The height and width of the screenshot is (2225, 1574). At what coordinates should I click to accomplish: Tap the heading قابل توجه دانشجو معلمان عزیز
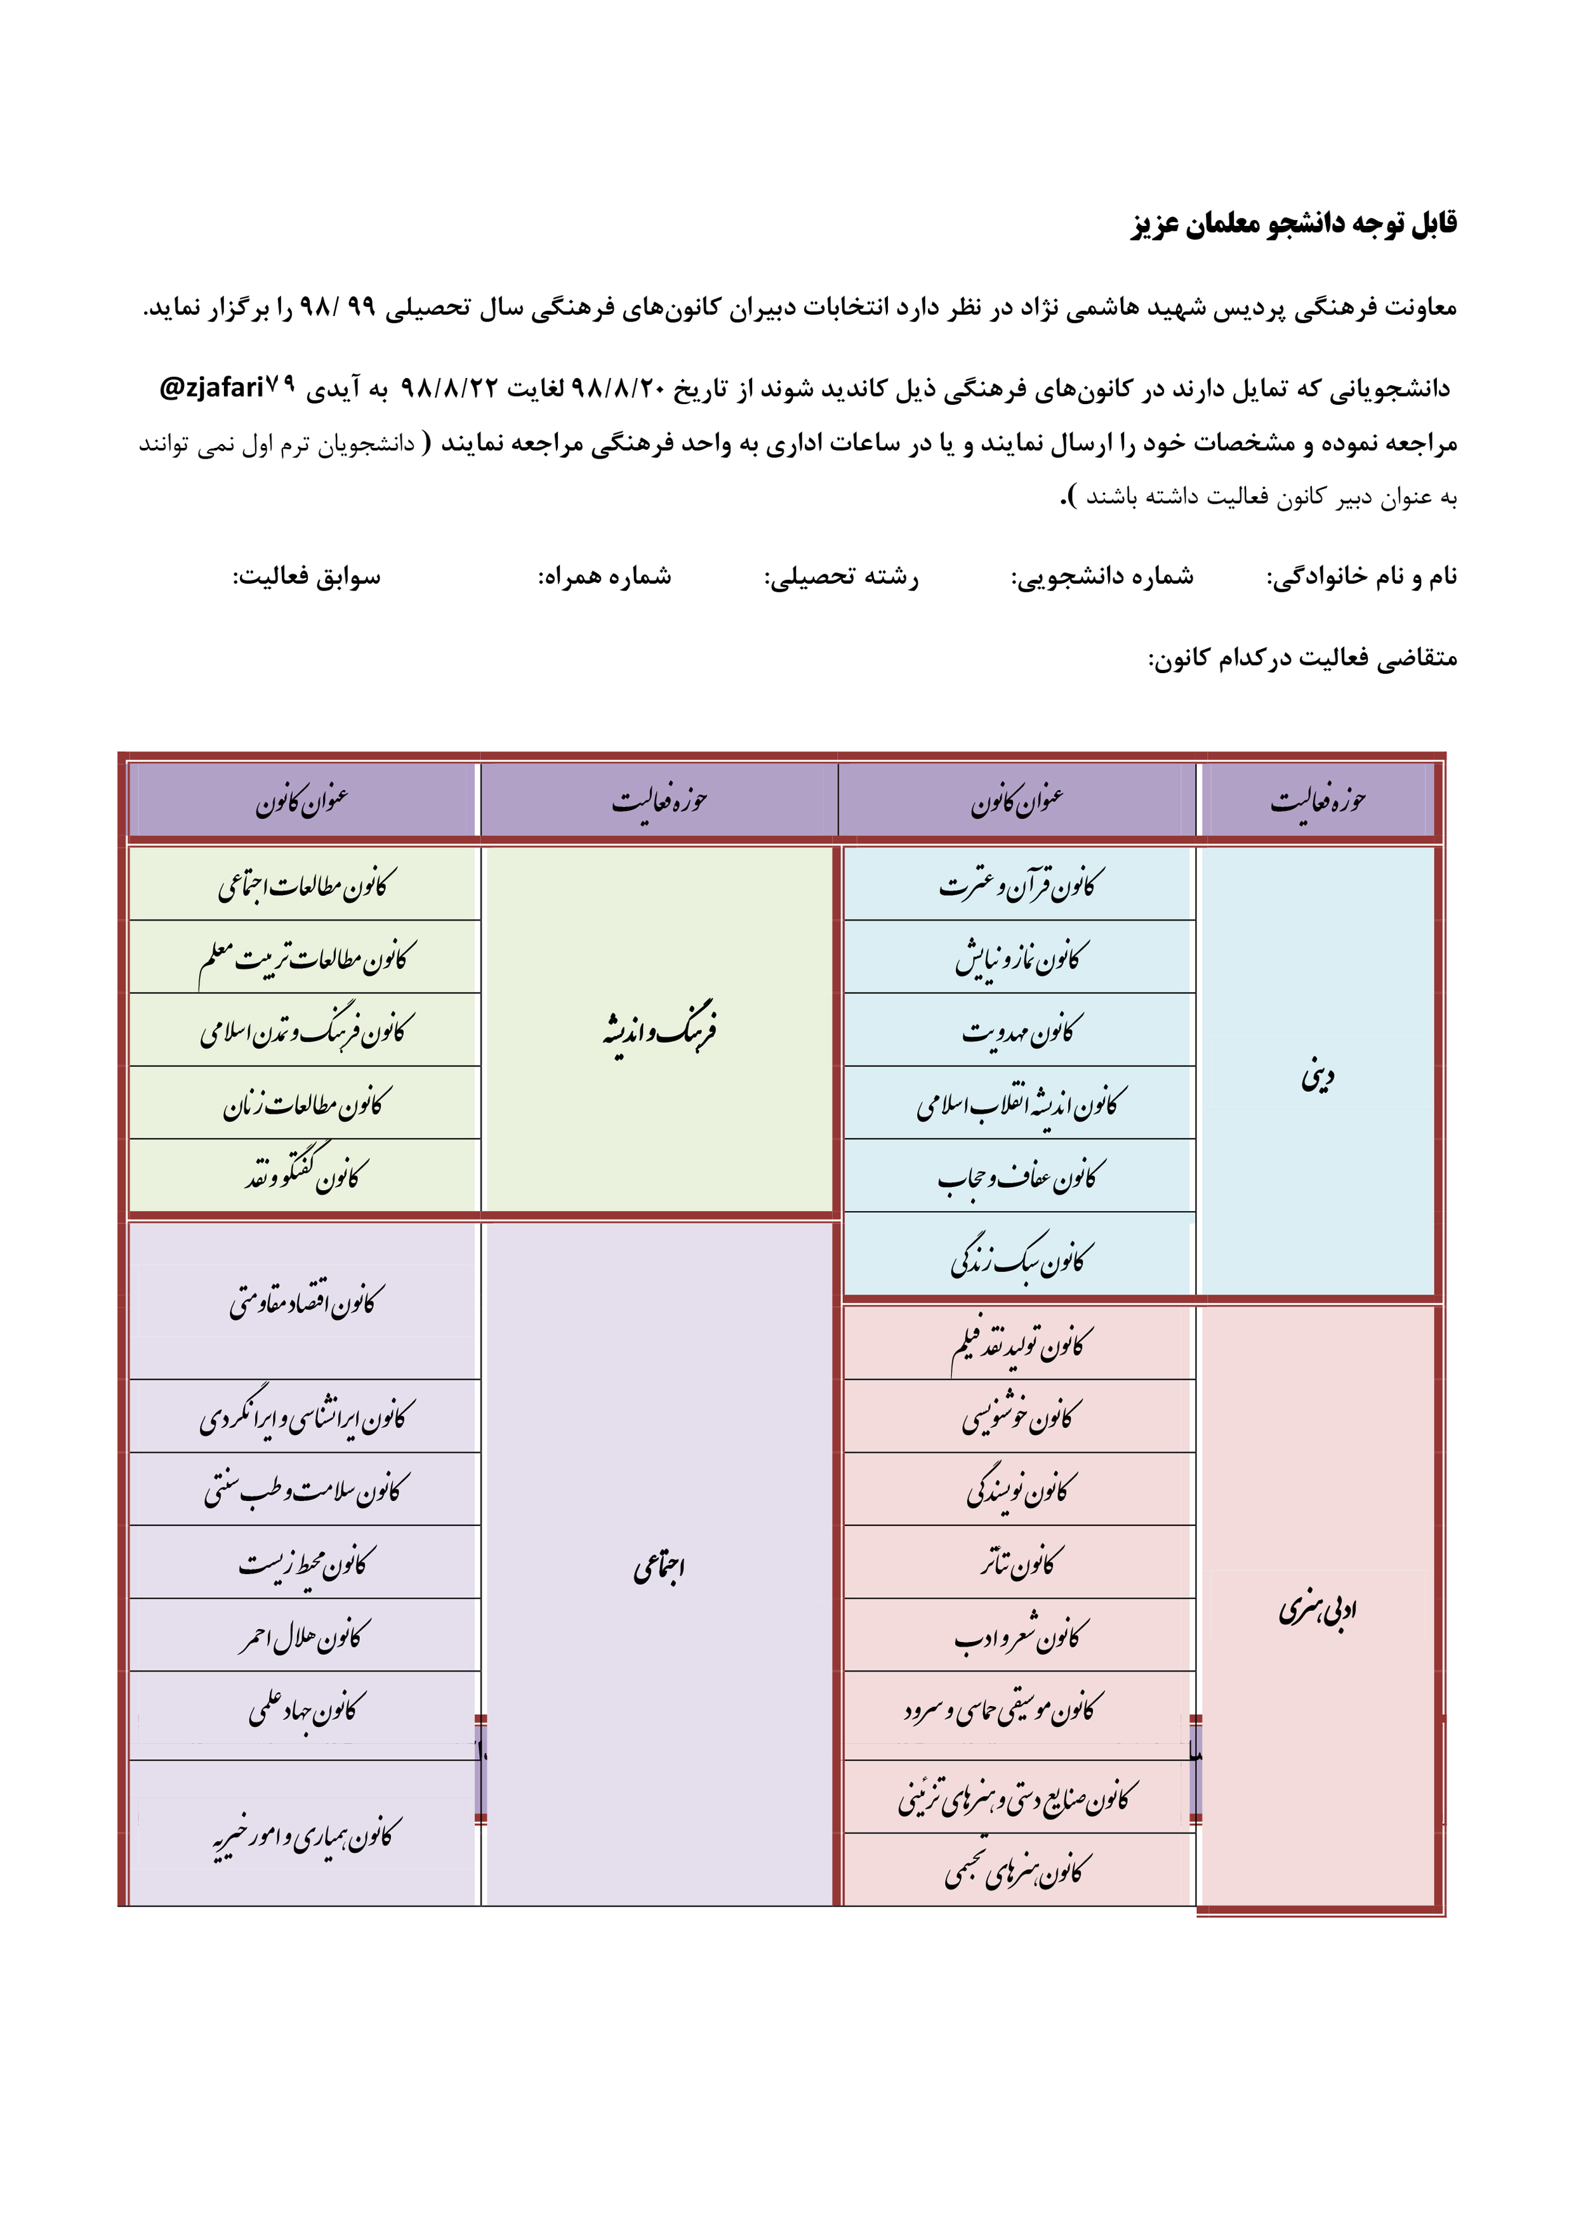coord(1294,224)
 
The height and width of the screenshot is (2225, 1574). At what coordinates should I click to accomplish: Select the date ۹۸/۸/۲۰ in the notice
coord(618,389)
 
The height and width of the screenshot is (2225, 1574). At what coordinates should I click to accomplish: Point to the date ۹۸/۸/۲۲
coord(450,389)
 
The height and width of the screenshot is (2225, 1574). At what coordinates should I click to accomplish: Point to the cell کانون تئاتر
coord(1020,1562)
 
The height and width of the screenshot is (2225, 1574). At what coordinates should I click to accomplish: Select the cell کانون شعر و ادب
coord(1020,1636)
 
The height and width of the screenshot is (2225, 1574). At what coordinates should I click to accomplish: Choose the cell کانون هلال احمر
coord(305,1636)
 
